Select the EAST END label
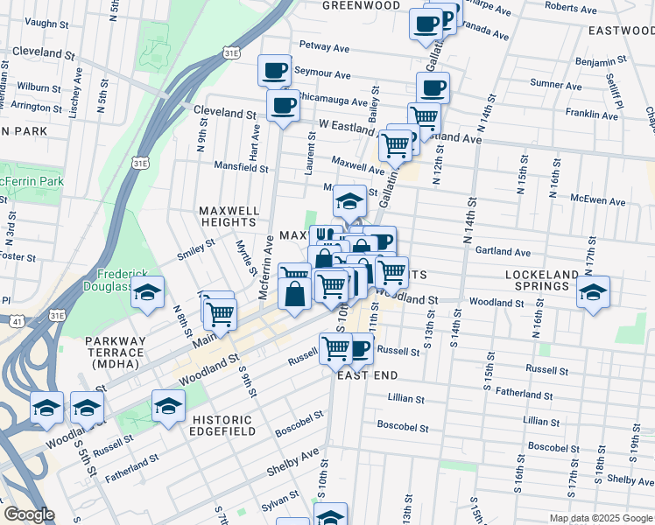[x=368, y=375]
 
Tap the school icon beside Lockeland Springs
[x=593, y=293]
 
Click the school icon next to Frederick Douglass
[x=148, y=293]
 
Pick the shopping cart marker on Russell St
[x=336, y=347]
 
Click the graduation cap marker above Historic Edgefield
[x=168, y=406]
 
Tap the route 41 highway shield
[x=17, y=322]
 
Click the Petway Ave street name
[x=324, y=45]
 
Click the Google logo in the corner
[x=30, y=514]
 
